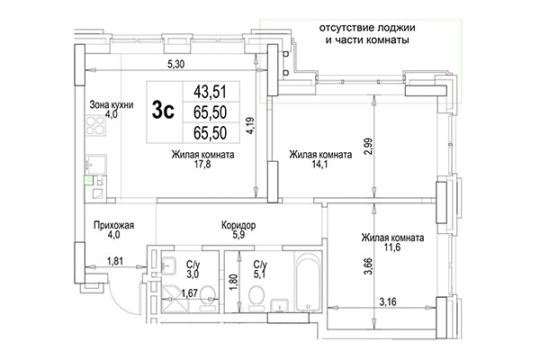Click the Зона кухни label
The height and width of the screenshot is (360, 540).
click(111, 104)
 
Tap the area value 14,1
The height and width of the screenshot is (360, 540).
click(319, 166)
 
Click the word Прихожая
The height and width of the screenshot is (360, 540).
click(114, 226)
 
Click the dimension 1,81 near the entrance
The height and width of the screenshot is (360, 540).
click(116, 262)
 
